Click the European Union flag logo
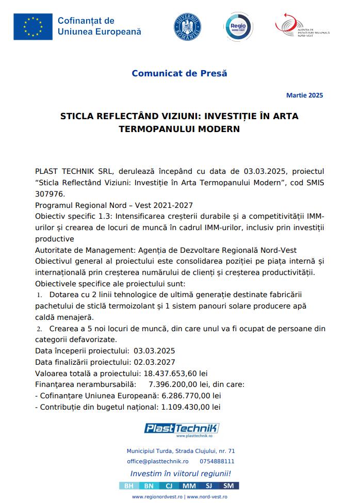pos(33,27)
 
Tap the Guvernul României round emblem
pos(187,27)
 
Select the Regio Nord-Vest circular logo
pos(238,27)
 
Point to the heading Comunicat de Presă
pos(179,73)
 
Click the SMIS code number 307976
pos(50,194)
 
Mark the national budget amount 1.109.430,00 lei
pos(191,407)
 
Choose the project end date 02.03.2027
pos(154,362)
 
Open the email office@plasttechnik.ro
pos(158,461)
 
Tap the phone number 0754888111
pos(217,461)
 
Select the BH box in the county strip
pos(129,486)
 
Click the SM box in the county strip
pos(228,486)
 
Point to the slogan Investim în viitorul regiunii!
pos(181,474)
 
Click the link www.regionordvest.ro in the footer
pos(157,497)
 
